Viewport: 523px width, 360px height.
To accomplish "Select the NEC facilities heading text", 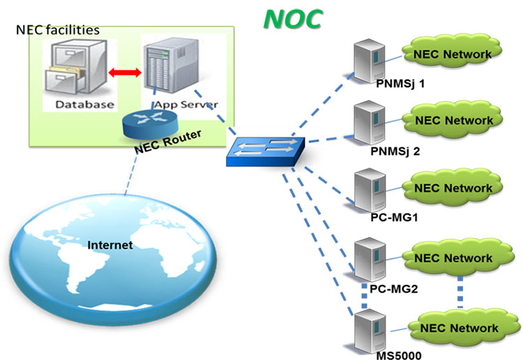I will click(x=58, y=30).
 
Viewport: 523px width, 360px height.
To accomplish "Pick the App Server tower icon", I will click(x=165, y=66).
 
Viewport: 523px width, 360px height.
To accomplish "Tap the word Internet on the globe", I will click(x=110, y=245).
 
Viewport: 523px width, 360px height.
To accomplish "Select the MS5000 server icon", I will click(x=368, y=329).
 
